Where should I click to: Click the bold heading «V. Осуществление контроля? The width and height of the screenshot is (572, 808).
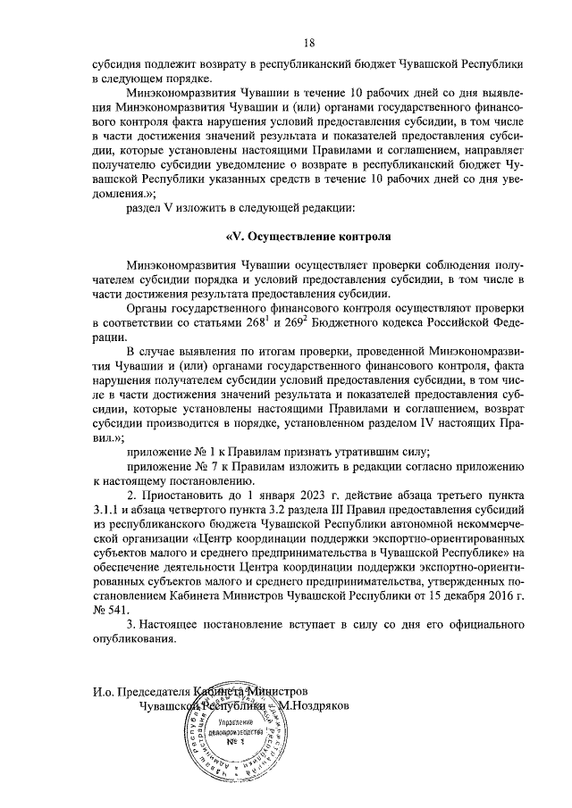tap(309, 237)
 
